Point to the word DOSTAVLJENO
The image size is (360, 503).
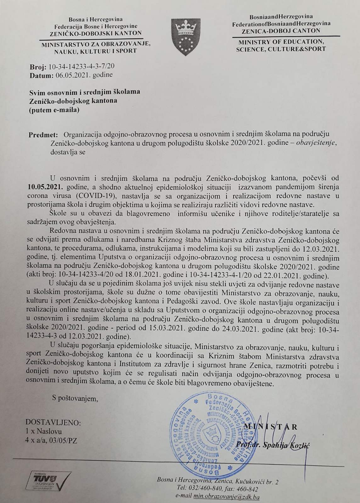pyautogui.click(x=53, y=422)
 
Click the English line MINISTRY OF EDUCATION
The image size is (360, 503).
pyautogui.click(x=280, y=42)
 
